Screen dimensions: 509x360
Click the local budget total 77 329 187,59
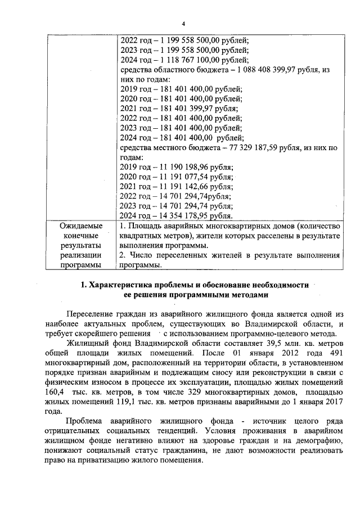(x=255, y=148)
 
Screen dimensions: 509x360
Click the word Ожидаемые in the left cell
(x=81, y=226)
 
